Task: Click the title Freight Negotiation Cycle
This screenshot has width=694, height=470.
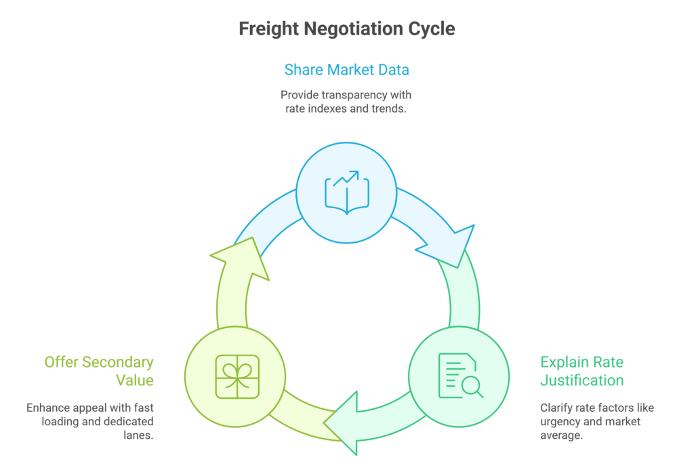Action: [x=346, y=29]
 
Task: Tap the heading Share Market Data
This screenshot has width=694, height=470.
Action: [x=346, y=69]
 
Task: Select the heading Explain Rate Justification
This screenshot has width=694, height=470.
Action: [x=581, y=371]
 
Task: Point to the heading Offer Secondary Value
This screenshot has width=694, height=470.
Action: [x=99, y=371]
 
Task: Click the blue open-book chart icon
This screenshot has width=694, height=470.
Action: [x=347, y=192]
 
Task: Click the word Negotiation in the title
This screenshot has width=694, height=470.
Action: [x=353, y=29]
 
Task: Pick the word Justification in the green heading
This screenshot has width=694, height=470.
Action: [x=581, y=380]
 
